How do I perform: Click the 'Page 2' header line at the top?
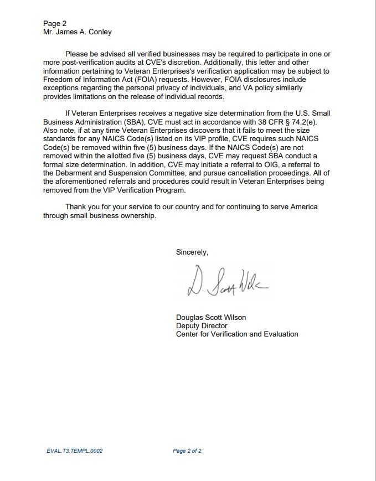click(55, 23)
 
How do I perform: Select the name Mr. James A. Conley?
click(78, 32)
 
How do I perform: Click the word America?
click(302, 206)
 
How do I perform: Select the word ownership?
click(138, 215)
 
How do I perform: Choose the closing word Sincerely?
click(192, 252)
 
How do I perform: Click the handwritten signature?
click(227, 283)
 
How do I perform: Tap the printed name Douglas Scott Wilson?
click(211, 317)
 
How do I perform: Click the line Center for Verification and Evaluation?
click(237, 334)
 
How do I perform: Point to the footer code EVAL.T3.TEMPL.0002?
click(75, 451)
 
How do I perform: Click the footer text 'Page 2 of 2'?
click(187, 451)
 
